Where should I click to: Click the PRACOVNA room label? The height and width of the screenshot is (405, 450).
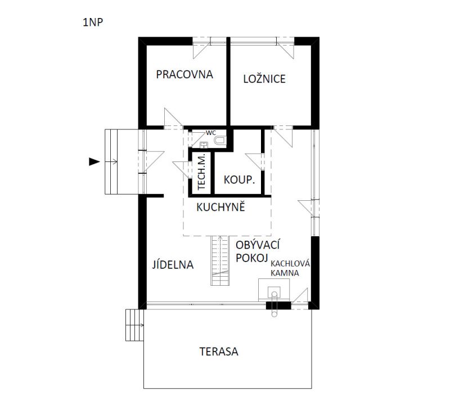(x=184, y=74)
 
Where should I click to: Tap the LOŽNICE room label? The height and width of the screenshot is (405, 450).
(x=264, y=79)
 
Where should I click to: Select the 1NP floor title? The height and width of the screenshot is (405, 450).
(x=93, y=22)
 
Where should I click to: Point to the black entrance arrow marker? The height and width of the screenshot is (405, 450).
(x=94, y=162)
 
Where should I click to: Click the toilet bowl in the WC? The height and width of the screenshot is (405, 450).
(x=220, y=141)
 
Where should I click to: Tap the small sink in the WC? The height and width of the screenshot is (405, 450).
(x=204, y=145)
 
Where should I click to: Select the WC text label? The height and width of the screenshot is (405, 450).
(x=210, y=133)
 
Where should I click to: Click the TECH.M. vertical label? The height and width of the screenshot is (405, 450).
(x=202, y=172)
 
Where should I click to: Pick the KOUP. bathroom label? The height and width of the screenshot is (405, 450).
(x=240, y=180)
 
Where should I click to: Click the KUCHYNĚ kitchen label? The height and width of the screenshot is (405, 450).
(x=220, y=206)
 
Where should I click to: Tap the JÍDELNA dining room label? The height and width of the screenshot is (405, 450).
(x=173, y=264)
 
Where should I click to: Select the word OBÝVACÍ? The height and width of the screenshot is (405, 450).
(x=258, y=245)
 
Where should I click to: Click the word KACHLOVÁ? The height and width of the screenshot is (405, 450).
(x=290, y=263)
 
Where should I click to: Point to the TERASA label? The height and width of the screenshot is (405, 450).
(x=219, y=352)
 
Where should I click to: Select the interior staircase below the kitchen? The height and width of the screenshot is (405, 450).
(x=220, y=260)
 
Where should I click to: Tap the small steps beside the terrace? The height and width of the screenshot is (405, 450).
(x=134, y=325)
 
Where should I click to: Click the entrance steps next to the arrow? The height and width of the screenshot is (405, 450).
(x=111, y=162)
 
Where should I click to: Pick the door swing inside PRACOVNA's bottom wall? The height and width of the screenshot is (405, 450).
(x=173, y=118)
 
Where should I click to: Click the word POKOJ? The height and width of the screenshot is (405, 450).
(x=251, y=258)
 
